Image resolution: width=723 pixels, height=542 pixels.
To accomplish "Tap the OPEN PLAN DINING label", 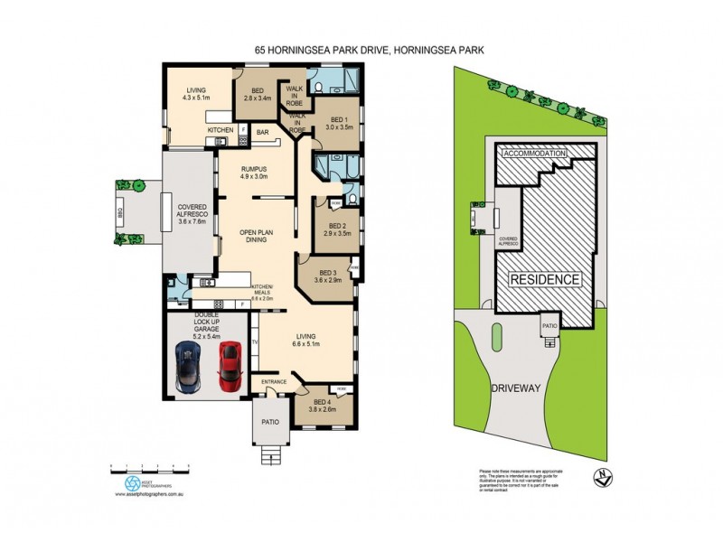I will (256, 238).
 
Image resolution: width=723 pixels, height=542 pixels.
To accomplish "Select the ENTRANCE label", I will (274, 382).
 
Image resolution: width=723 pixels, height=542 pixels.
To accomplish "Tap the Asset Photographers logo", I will (133, 482).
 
